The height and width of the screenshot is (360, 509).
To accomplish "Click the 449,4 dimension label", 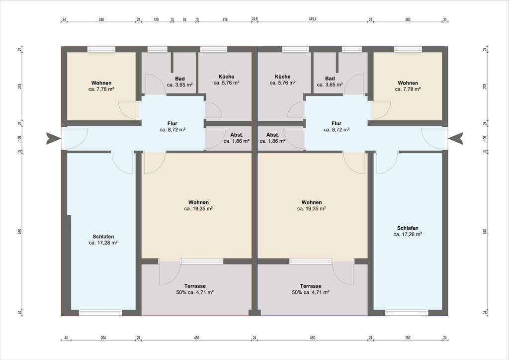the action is point(313,19).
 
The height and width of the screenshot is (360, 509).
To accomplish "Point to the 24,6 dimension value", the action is point(254,19).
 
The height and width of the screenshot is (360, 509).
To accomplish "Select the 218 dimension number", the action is point(225,19).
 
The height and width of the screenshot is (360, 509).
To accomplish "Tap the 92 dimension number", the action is point(184,19).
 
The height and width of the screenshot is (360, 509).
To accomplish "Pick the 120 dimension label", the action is point(156,19).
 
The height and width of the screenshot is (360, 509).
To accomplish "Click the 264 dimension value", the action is point(103,338).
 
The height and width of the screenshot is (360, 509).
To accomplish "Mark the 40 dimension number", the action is point(66,338).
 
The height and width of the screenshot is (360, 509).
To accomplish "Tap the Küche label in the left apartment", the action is point(226,77).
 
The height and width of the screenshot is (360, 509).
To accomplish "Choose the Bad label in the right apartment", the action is point(330,79).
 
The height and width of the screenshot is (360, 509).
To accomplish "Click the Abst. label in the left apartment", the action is point(237,135).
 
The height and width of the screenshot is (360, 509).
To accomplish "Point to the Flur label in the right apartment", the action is point(337,123).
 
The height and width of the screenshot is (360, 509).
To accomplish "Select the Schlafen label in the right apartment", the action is point(408,228).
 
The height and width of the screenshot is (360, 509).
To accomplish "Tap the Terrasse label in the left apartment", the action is point(195,286).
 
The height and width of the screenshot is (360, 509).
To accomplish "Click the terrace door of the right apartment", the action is point(343,272).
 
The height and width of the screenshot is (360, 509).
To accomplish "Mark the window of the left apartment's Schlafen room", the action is point(100,313).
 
